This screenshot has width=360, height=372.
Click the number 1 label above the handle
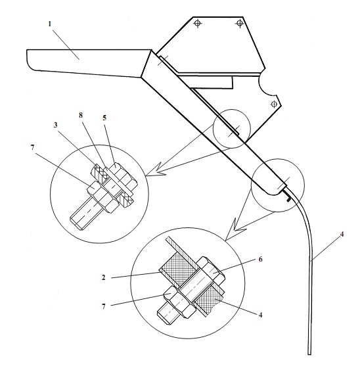click(50, 24)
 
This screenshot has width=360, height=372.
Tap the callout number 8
click(81, 115)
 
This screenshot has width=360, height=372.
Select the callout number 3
click(55, 125)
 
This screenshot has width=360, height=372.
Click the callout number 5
click(104, 118)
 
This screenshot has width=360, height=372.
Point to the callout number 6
click(260, 260)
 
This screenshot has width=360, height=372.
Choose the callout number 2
click(103, 277)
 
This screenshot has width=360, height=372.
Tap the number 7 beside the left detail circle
click(32, 148)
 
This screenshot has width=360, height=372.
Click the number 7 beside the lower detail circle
click(103, 307)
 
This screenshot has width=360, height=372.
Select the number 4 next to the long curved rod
click(342, 234)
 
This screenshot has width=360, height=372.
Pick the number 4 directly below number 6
click(260, 315)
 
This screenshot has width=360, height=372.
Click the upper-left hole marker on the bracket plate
click(198, 24)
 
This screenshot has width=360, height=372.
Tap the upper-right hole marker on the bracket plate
click(239, 23)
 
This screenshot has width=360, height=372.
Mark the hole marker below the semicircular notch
click(274, 104)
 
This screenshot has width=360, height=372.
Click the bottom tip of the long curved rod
click(309, 354)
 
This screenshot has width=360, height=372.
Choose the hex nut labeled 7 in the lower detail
click(179, 302)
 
